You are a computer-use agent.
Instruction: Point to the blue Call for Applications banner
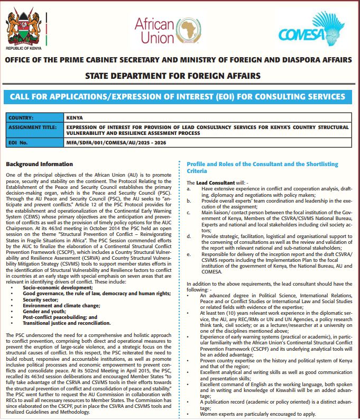[x=180, y=97]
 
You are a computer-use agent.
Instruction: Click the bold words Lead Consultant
[x=215, y=182]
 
